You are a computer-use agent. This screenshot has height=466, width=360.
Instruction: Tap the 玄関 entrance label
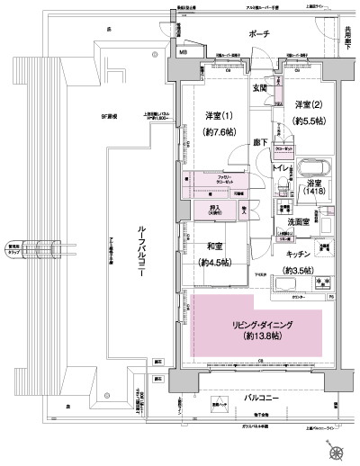tap(260, 88)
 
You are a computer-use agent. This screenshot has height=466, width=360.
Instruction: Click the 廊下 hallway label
tap(261, 142)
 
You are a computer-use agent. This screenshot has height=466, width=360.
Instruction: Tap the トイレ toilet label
tap(281, 168)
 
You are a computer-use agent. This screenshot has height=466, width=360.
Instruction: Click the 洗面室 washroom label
tap(299, 220)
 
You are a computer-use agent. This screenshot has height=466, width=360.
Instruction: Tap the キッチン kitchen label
tap(301, 255)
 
